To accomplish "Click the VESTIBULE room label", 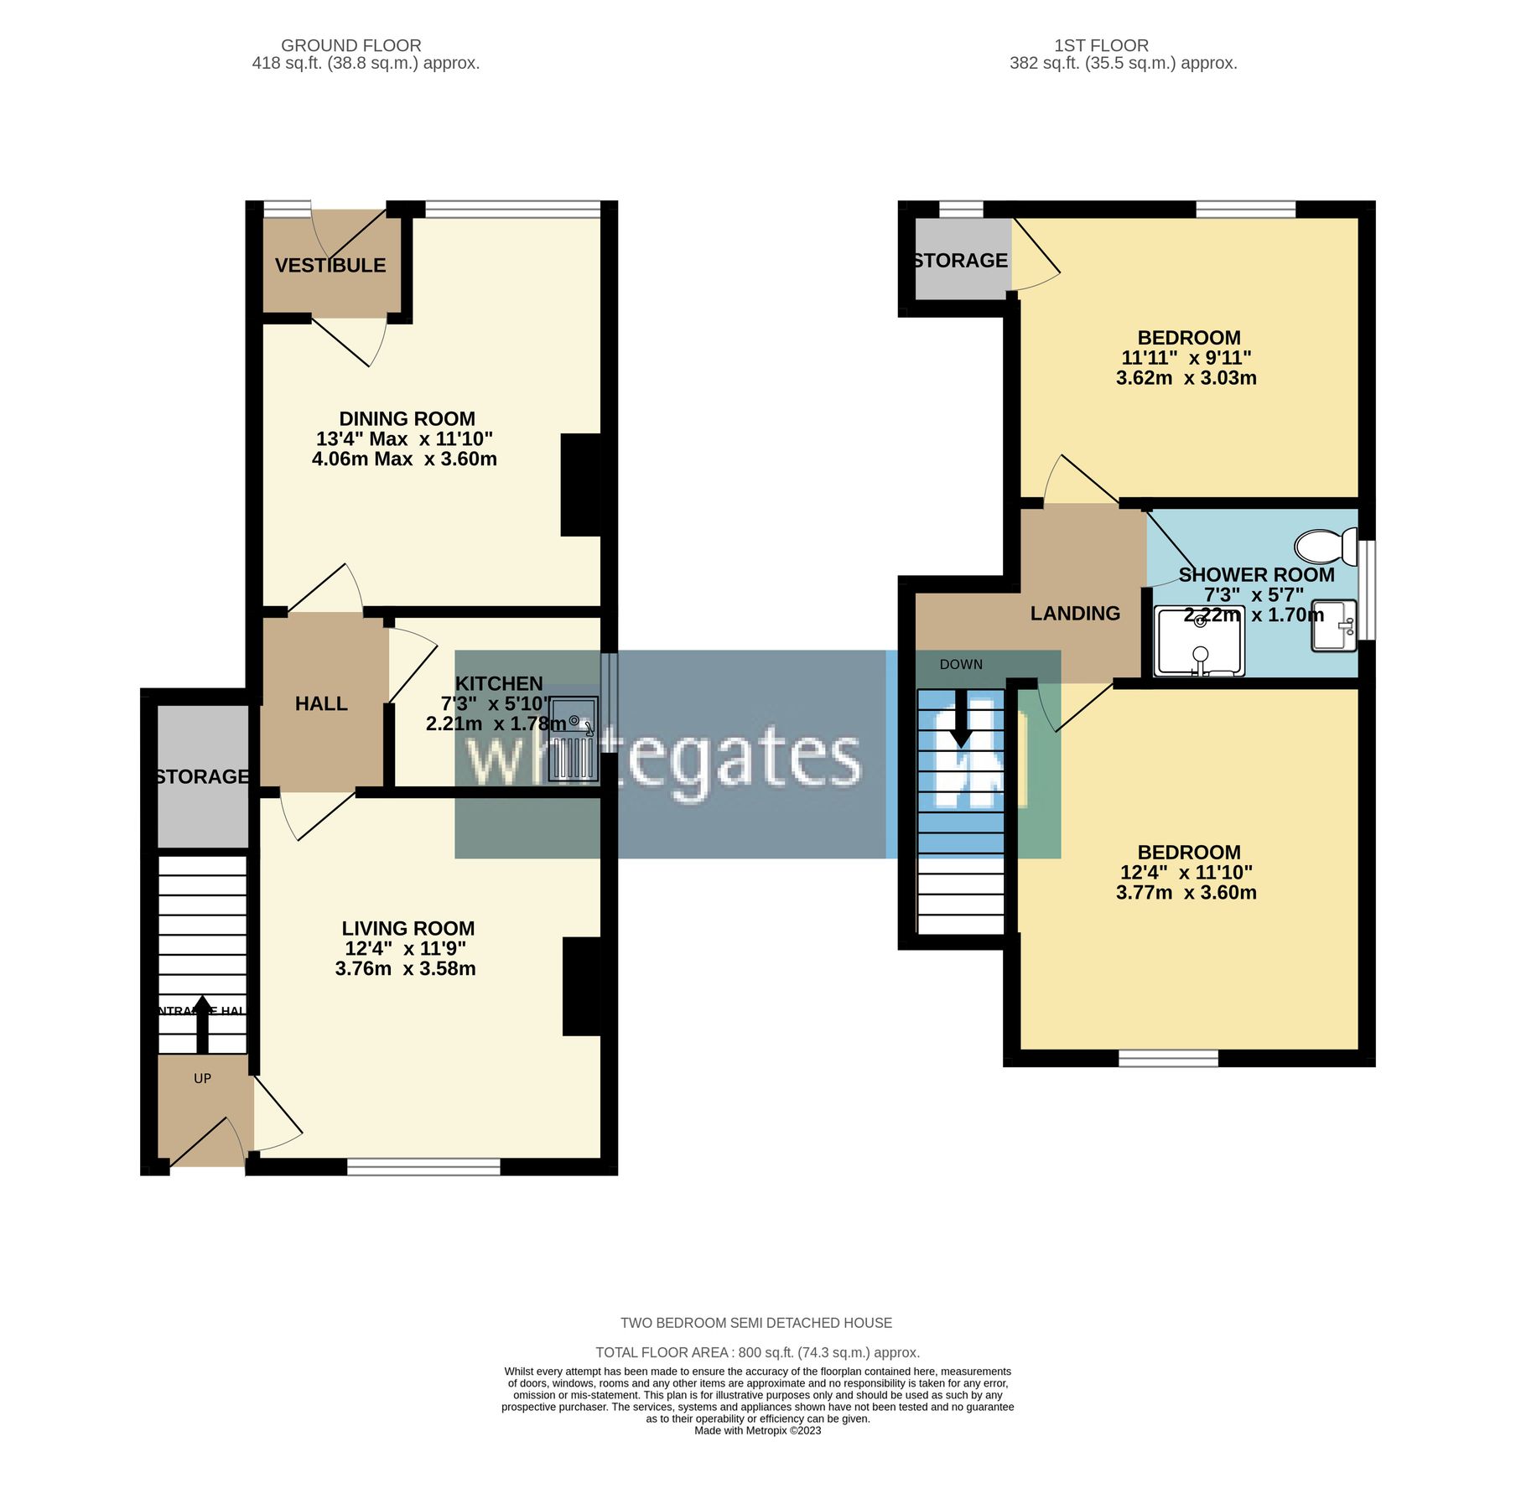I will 330,266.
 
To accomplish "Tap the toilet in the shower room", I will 1326,547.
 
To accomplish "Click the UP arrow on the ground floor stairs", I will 202,1024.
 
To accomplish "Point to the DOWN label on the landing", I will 961,665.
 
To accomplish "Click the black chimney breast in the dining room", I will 581,485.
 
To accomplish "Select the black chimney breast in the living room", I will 582,987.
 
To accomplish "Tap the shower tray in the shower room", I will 1200,642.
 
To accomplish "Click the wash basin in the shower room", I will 1334,625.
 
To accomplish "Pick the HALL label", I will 321,704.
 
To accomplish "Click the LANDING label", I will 1075,614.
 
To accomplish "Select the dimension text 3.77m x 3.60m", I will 1186,893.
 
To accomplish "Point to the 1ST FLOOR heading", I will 1101,45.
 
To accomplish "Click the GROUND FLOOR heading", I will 350,45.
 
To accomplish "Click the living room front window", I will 423,1166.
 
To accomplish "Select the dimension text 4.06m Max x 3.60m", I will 404,459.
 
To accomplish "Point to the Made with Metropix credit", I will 757,1431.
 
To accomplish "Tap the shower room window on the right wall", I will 1367,589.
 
